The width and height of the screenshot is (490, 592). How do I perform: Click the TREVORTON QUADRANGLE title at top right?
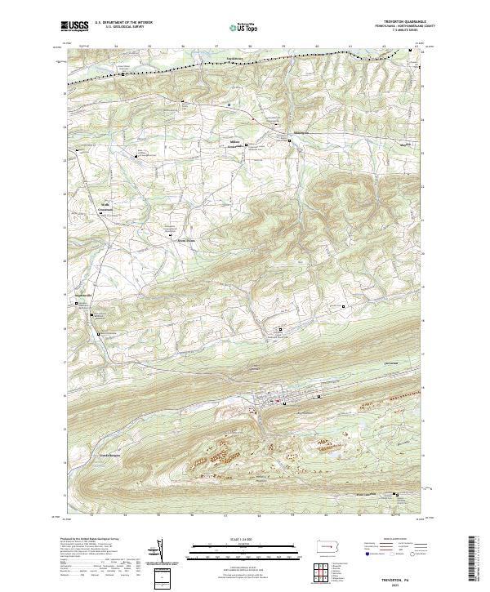click(x=397, y=22)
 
